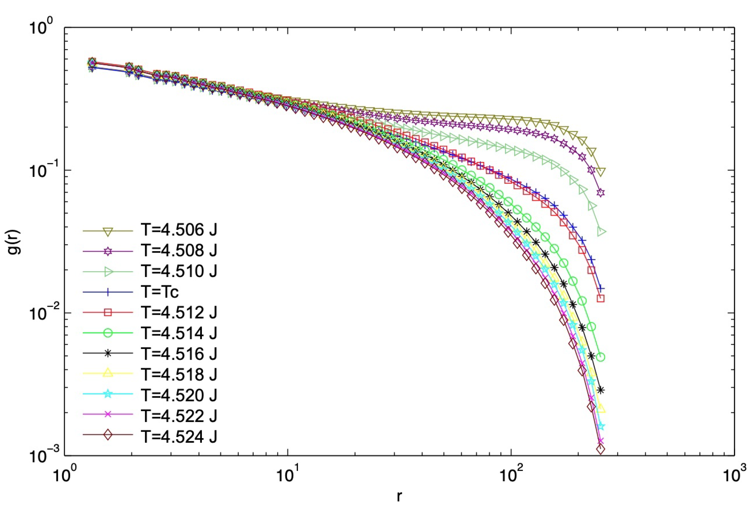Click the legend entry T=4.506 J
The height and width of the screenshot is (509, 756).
coord(179,230)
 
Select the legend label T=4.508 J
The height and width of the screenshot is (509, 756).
coord(179,251)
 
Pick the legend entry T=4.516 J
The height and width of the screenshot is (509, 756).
coord(179,353)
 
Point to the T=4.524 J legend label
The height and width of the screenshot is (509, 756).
coord(179,436)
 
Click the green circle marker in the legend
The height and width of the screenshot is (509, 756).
coord(108,333)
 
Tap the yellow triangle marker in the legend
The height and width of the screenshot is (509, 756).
coord(108,374)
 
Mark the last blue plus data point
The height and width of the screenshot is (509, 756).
coord(601,289)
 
